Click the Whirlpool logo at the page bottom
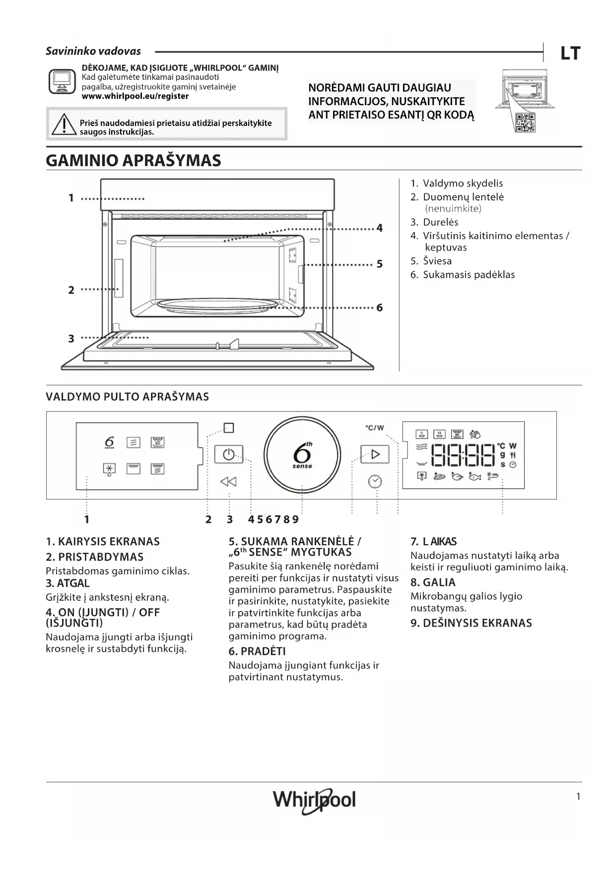(314, 800)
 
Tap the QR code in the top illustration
(525, 123)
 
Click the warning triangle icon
(63, 124)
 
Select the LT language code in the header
(570, 53)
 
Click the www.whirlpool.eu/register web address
(135, 96)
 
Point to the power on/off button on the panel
(228, 454)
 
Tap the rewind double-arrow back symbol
(228, 481)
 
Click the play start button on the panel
(375, 454)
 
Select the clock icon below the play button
(375, 481)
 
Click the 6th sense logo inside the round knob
(302, 454)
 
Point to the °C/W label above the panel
(375, 428)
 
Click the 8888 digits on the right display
(463, 455)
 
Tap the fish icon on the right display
(475, 477)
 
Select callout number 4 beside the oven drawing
(380, 228)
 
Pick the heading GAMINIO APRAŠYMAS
(134, 161)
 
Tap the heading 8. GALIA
(433, 582)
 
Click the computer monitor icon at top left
(62, 81)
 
